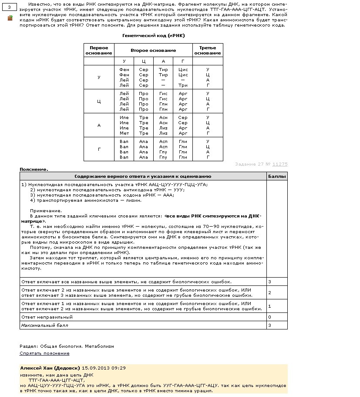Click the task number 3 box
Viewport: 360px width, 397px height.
pyautogui.click(x=9, y=7)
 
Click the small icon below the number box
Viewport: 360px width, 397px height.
pyautogui.click(x=10, y=18)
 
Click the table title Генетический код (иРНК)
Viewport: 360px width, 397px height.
pyautogui.click(x=154, y=36)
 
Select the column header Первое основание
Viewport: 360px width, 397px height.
pyautogui.click(x=99, y=50)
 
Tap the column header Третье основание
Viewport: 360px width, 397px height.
pyautogui.click(x=208, y=50)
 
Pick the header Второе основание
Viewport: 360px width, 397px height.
pyautogui.click(x=153, y=51)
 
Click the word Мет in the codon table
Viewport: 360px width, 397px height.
pyautogui.click(x=124, y=133)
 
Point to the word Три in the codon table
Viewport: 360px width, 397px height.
pyautogui.click(x=183, y=85)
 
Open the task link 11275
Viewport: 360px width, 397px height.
pyautogui.click(x=280, y=164)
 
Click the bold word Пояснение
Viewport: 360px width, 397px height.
pyautogui.click(x=34, y=169)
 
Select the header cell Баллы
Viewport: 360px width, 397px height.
pyautogui.click(x=277, y=176)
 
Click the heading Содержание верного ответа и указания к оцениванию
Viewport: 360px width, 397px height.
pyautogui.click(x=143, y=176)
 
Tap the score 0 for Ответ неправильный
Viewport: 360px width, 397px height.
pyautogui.click(x=269, y=317)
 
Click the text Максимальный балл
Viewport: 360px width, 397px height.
pyautogui.click(x=44, y=325)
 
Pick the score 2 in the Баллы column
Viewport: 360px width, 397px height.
pyautogui.click(x=269, y=292)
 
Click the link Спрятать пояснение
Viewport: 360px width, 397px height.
pyautogui.click(x=44, y=353)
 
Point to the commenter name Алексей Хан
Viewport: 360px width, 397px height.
pyautogui.click(x=38, y=368)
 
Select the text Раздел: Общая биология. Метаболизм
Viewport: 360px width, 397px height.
pyautogui.click(x=67, y=346)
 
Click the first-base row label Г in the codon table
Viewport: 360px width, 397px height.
pyautogui.click(x=99, y=149)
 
